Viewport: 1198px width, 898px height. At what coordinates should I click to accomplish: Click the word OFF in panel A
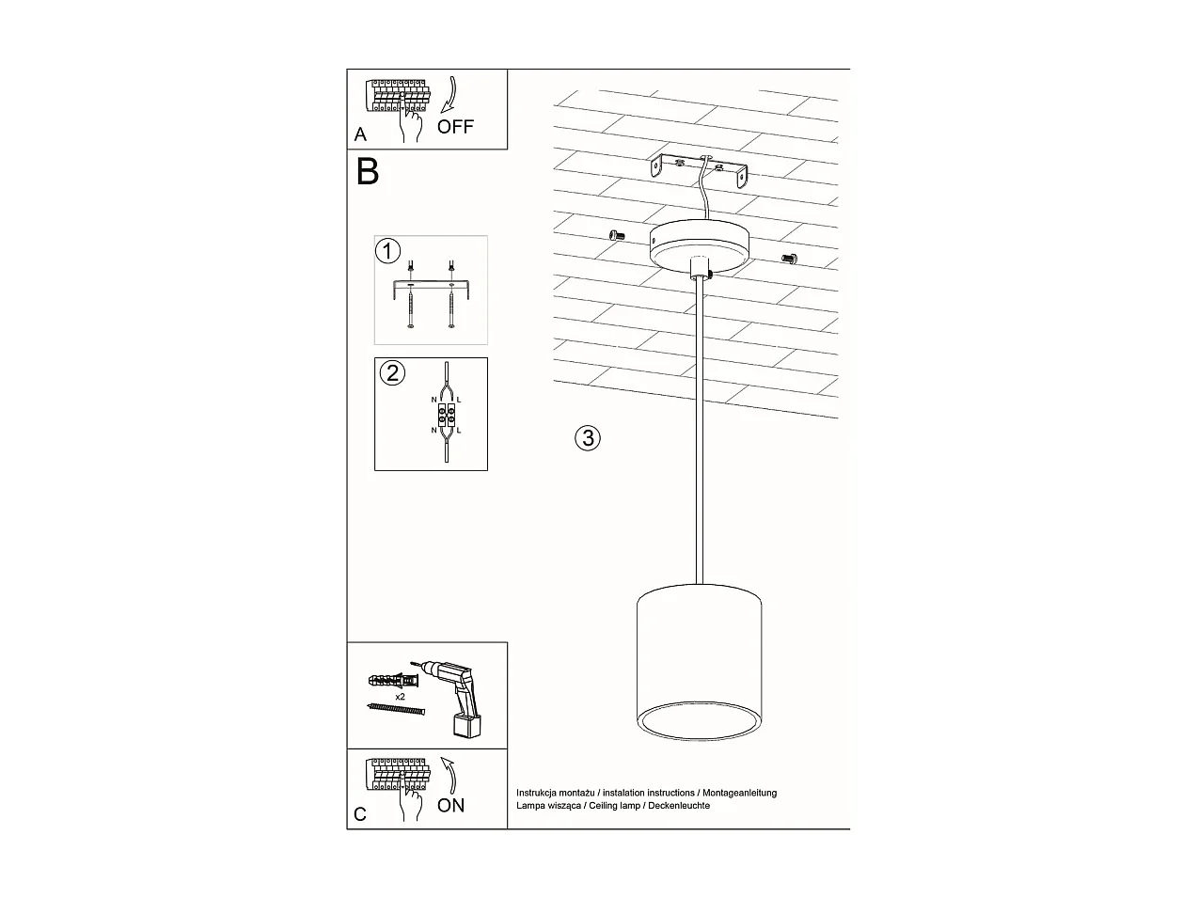(x=456, y=126)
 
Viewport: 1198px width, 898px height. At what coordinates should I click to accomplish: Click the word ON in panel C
(x=450, y=805)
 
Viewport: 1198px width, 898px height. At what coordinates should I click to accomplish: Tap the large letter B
(x=367, y=172)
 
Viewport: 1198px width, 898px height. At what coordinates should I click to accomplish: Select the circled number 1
(x=387, y=251)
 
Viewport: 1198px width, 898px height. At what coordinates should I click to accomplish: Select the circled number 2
(x=392, y=372)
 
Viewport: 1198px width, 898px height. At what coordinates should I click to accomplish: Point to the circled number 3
(x=587, y=437)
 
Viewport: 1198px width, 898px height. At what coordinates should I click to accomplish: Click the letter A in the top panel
(x=360, y=135)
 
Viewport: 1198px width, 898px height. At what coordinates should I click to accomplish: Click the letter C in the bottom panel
(x=360, y=814)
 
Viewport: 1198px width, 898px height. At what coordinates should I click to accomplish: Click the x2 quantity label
(x=401, y=697)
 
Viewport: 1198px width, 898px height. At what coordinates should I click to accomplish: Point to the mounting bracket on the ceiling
(x=701, y=170)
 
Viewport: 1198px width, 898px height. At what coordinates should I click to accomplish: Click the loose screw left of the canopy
(x=617, y=235)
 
